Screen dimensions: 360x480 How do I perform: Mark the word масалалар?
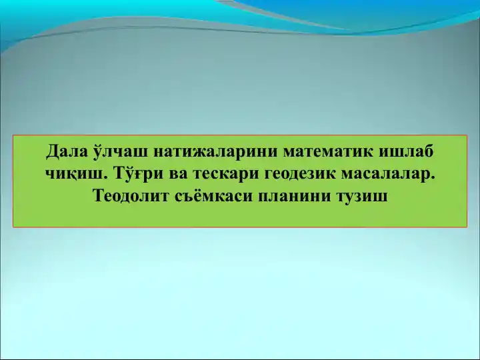(x=388, y=175)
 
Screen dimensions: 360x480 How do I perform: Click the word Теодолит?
(x=127, y=197)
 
